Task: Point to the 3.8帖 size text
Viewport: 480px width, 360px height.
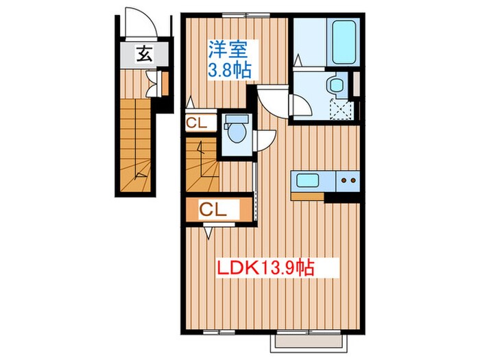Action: click(x=229, y=69)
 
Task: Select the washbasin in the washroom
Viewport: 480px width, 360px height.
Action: click(x=335, y=86)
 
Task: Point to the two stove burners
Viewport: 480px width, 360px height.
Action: click(x=348, y=181)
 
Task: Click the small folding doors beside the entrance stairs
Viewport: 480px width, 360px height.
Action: click(x=165, y=83)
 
